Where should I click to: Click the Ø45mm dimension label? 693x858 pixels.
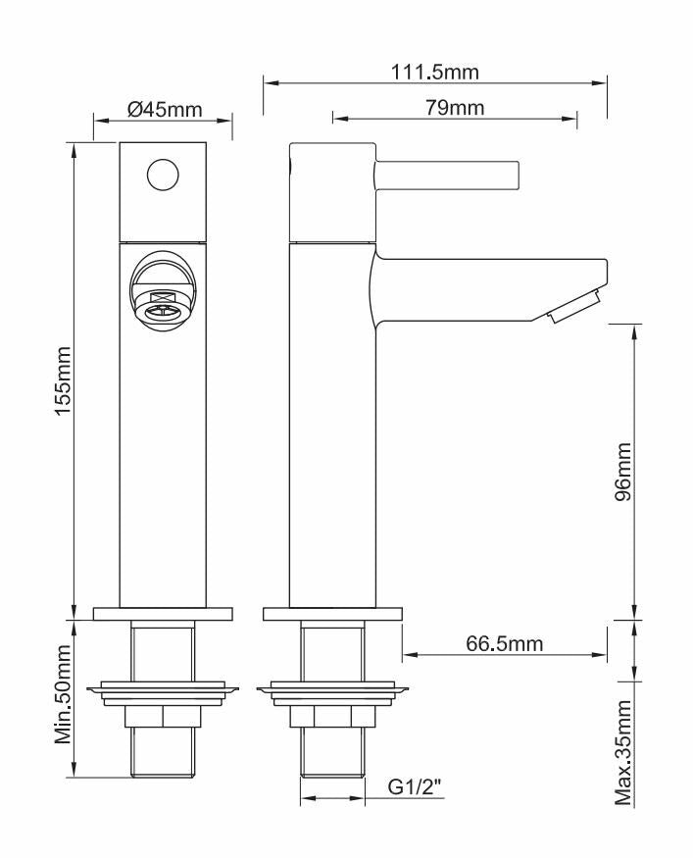(x=164, y=109)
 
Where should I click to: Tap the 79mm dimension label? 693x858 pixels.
(x=454, y=108)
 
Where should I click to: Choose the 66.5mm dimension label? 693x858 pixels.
(x=504, y=643)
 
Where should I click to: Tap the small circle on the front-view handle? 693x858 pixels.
(x=163, y=176)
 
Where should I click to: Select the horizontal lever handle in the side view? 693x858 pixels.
(x=447, y=176)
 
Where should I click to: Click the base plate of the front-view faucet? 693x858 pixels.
(x=163, y=614)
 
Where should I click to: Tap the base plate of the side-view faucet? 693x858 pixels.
(x=333, y=614)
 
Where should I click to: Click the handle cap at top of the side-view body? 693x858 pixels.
(x=333, y=191)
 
